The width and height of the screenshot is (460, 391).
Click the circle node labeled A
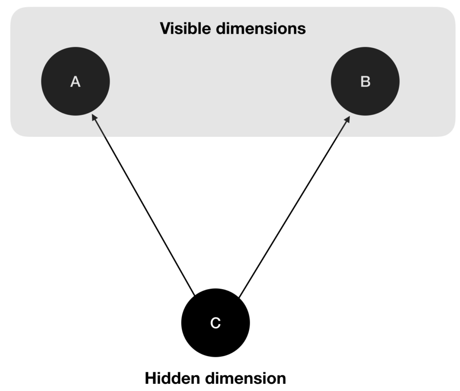click(75, 81)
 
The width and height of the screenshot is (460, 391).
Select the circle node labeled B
click(365, 81)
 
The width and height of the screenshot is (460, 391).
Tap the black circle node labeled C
click(216, 323)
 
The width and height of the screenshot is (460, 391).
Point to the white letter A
click(75, 82)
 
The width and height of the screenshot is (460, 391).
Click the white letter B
click(366, 82)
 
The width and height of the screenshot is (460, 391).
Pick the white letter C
click(216, 323)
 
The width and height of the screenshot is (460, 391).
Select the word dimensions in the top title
click(261, 28)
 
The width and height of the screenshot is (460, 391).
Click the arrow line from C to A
click(143, 205)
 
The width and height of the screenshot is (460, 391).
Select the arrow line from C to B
click(294, 206)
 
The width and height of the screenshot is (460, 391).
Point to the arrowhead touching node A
click(94, 118)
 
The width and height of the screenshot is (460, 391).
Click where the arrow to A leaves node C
click(195, 295)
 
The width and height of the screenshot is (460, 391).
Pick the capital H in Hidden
click(151, 378)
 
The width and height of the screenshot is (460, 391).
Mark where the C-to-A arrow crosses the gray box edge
click(104, 136)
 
